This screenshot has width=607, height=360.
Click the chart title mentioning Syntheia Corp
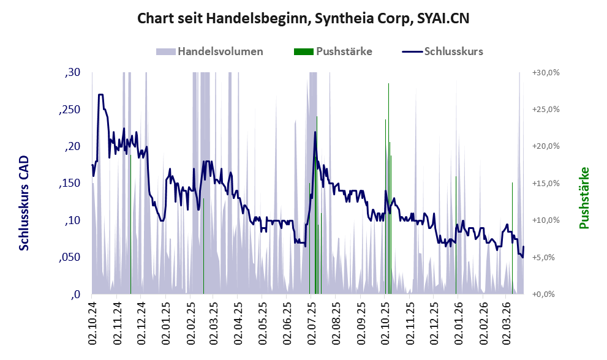(x=303, y=18)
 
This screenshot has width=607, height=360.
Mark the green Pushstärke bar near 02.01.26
(x=456, y=233)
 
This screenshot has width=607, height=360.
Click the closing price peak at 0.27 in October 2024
(x=100, y=95)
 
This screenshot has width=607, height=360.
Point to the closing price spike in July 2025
(x=315, y=132)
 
